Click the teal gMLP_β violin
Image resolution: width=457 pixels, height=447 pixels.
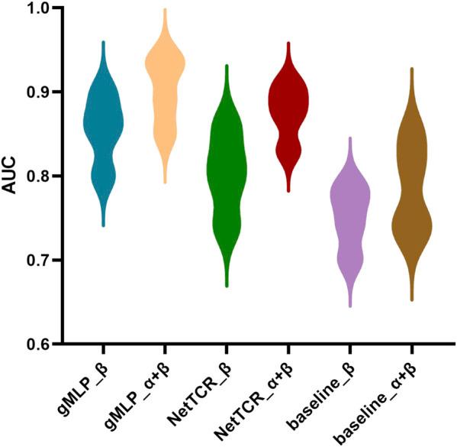click(103, 130)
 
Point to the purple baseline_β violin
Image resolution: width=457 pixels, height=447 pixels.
click(350, 214)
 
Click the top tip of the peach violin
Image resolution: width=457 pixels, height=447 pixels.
click(165, 10)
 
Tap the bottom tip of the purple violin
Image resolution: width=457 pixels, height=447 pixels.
click(350, 306)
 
